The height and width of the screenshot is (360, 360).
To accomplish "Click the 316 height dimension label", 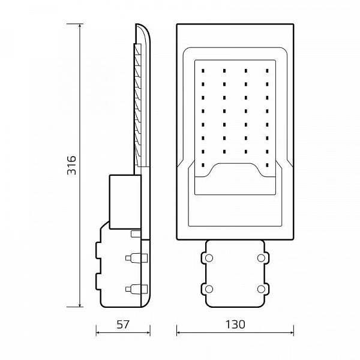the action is coord(71,165).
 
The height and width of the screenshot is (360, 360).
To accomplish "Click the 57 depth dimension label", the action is coord(123,325).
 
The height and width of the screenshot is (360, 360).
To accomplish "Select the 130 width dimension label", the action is coord(235,325).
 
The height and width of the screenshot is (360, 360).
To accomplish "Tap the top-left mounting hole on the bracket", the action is coord(209,258).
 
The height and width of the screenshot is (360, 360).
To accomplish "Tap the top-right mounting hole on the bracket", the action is coord(261,258).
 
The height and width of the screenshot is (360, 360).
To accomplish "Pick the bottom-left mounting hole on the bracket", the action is coord(209,289).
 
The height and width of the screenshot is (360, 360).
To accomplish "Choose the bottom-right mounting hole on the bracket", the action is coord(261,289).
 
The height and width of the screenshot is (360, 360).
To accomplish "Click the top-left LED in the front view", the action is coord(203,71).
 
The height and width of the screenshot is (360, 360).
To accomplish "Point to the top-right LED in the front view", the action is coord(267,71).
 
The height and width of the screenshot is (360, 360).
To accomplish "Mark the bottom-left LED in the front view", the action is coord(203,165).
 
